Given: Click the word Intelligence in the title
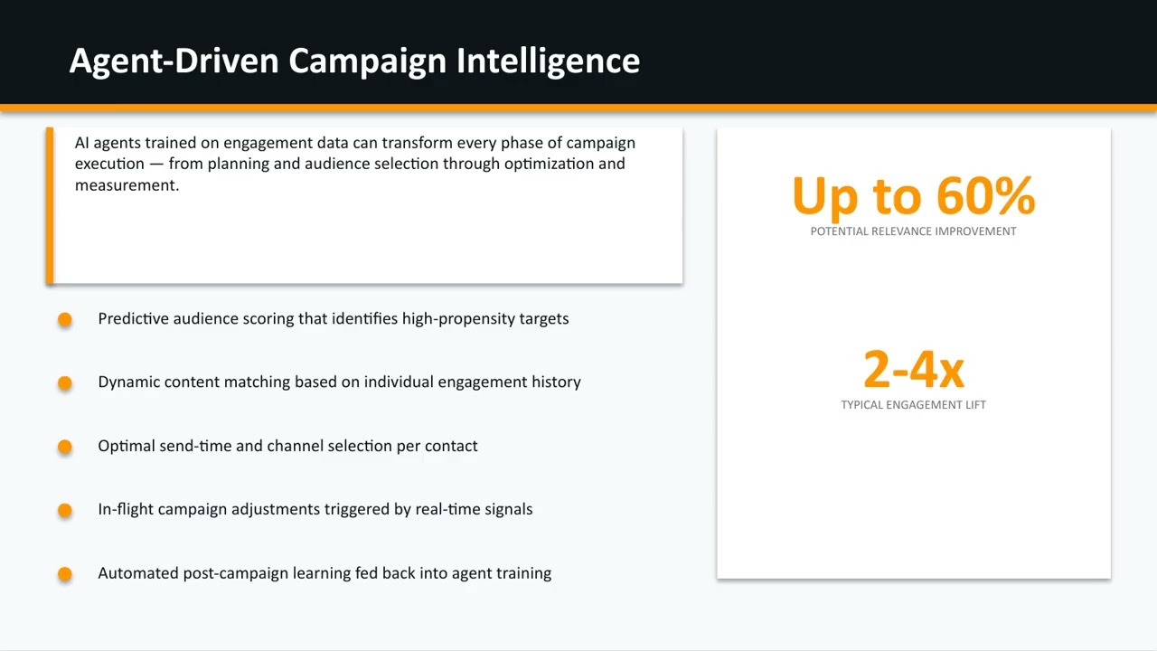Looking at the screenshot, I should point(548,61).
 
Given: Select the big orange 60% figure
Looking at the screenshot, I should point(985,195).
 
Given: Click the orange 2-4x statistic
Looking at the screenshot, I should point(913,369).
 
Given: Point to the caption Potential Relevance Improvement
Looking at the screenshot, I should point(913,231).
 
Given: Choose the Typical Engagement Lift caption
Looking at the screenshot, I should point(913,405).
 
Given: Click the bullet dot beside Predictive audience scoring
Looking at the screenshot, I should point(65,319).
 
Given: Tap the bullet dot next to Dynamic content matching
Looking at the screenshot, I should point(65,382).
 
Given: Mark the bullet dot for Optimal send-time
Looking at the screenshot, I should point(65,447).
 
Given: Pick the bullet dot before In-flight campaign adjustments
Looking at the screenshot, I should point(65,510).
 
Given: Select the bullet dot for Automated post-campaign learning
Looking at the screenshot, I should point(65,573).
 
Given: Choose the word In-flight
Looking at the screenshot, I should point(126,509).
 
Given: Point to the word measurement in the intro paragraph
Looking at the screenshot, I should point(126,185).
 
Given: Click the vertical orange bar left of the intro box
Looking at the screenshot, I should point(50,206).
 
